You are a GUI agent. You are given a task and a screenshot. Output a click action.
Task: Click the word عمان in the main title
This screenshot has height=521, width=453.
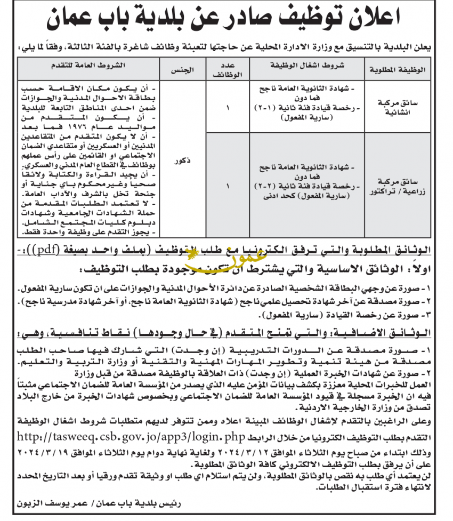point(78,20)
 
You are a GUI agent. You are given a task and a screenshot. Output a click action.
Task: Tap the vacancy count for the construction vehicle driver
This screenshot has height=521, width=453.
point(228,107)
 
